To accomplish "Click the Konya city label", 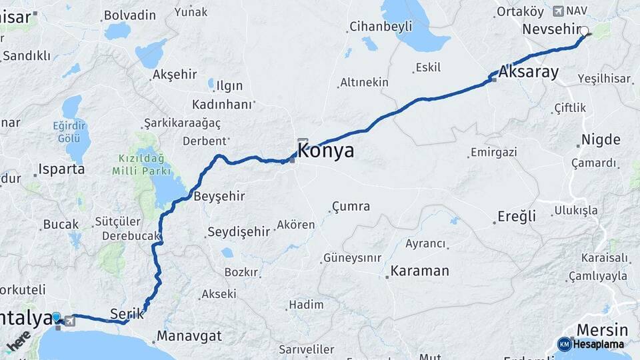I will [325, 151].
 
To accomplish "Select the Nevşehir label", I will [551, 29].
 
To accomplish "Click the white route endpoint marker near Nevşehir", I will [585, 31].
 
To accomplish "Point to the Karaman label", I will [419, 271].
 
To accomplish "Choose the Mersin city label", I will [602, 330].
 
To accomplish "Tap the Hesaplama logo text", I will [598, 345].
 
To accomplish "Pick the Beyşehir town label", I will [219, 197].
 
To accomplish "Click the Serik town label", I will [127, 313].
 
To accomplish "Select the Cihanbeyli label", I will [381, 27].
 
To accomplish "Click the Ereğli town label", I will [517, 217].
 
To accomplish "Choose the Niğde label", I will [601, 140].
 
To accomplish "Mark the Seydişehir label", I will [239, 232].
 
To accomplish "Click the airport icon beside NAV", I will [558, 11].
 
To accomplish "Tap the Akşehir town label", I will [175, 75].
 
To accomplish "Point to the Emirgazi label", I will [493, 153].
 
